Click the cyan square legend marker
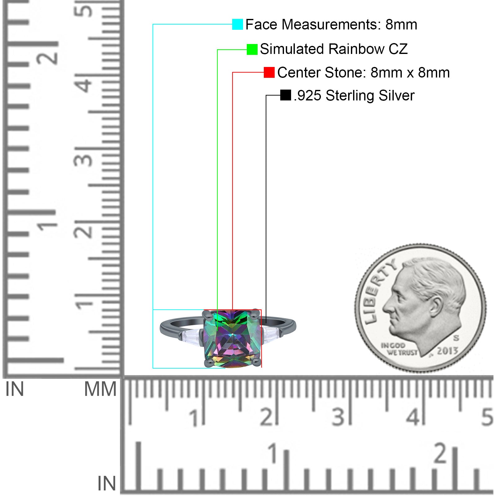coord(237,24)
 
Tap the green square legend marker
coord(252,49)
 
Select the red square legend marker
coord(269,72)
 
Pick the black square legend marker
coord(286,95)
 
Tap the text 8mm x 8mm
coord(410,73)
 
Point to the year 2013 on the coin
coord(447,351)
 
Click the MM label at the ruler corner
coord(100,389)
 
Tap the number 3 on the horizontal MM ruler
coord(339,417)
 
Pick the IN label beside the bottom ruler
coord(107,484)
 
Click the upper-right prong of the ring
coord(255,314)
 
